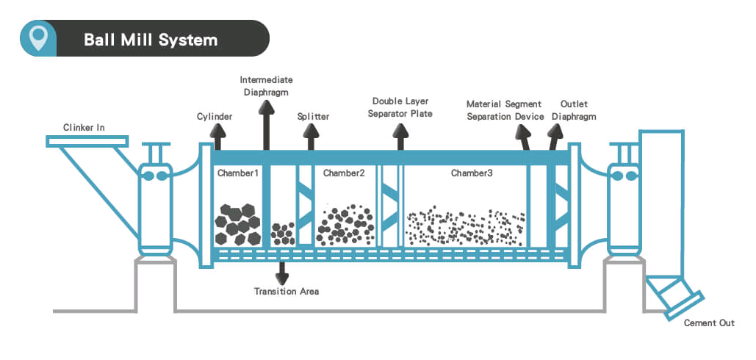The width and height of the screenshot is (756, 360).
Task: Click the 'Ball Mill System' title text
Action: pos(150,39)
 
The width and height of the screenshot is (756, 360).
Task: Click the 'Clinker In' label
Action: pos(84,127)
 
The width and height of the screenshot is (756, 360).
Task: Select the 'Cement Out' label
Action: pos(709,323)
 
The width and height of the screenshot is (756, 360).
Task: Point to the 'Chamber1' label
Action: pos(238,173)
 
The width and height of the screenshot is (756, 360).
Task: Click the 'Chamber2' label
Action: pos(344,173)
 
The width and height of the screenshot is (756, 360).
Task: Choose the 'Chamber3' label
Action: pos(472,173)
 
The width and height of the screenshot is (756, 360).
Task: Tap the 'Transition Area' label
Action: pos(287,292)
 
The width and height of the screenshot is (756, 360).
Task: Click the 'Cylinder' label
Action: pos(215,117)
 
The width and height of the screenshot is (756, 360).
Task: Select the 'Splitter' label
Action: pos(313,117)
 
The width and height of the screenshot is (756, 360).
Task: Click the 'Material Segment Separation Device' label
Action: pos(505,110)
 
